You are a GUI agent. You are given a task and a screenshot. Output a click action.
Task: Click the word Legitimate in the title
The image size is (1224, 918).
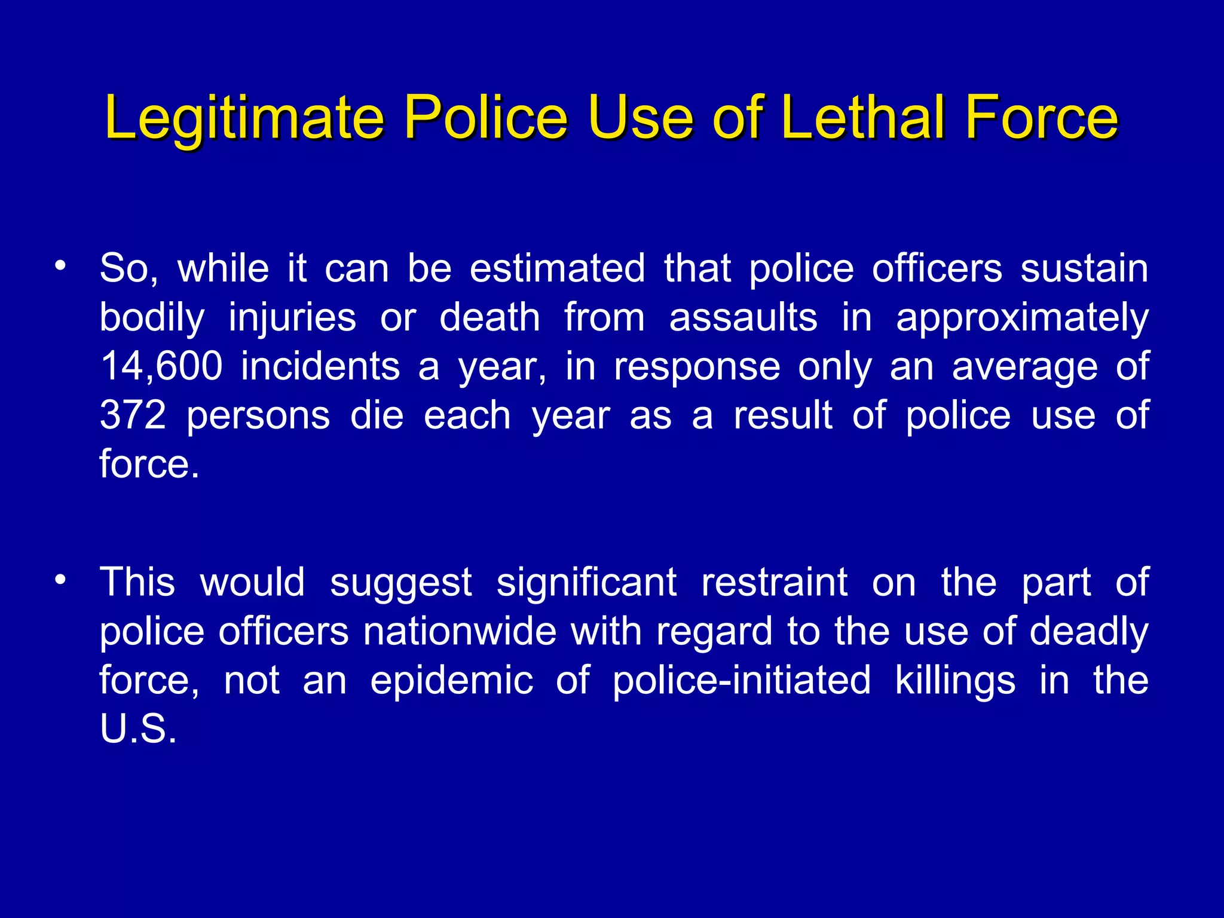244,118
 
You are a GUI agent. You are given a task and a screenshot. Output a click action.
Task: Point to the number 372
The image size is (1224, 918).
133,415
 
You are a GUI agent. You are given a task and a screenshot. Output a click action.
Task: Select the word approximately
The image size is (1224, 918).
1022,319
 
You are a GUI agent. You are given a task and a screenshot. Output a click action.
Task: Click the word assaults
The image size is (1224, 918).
743,317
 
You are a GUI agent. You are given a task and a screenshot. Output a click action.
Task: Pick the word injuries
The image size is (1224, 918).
292,319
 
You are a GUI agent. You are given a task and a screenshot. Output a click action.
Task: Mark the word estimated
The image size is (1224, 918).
557,268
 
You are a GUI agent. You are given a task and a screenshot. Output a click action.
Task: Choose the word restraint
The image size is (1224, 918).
774,582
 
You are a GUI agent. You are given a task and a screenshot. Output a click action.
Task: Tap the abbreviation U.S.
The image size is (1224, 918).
138,729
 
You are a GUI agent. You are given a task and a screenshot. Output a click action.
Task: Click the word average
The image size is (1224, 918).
1024,367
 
